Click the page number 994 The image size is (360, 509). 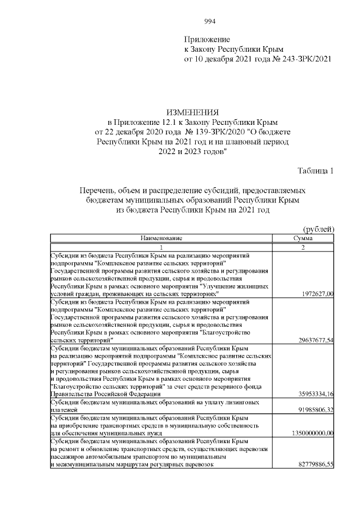click(x=209, y=21)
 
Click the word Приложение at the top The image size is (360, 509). click(x=207, y=39)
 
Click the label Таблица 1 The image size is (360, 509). click(x=315, y=171)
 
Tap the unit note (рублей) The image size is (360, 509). click(x=318, y=229)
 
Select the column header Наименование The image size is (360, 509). click(x=161, y=238)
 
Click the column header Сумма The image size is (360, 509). click(x=303, y=238)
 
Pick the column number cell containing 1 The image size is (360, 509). click(x=161, y=247)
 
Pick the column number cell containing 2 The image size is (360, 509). click(x=303, y=247)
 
